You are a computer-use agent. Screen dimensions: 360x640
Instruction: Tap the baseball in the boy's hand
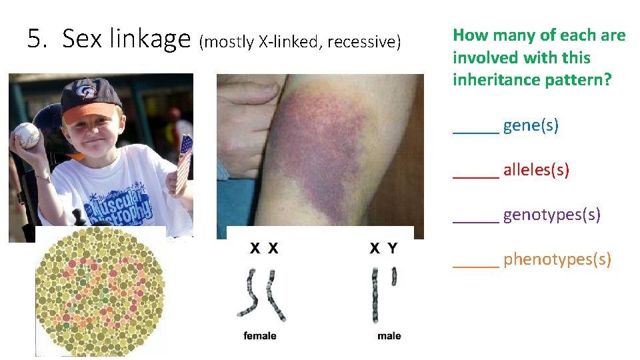pyautogui.click(x=27, y=135)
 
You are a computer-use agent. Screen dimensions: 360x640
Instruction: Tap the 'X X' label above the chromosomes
pyautogui.click(x=264, y=249)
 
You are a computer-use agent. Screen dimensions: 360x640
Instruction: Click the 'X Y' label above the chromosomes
pyautogui.click(x=383, y=249)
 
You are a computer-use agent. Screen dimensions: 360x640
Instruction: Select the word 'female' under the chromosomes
pyautogui.click(x=260, y=336)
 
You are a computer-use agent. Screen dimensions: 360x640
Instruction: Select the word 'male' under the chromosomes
pyautogui.click(x=389, y=336)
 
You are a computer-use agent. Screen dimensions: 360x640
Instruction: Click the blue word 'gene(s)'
pyautogui.click(x=531, y=125)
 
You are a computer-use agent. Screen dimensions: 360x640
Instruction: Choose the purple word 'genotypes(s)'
pyautogui.click(x=551, y=214)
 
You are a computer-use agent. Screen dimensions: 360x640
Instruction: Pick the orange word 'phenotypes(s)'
pyautogui.click(x=557, y=259)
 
